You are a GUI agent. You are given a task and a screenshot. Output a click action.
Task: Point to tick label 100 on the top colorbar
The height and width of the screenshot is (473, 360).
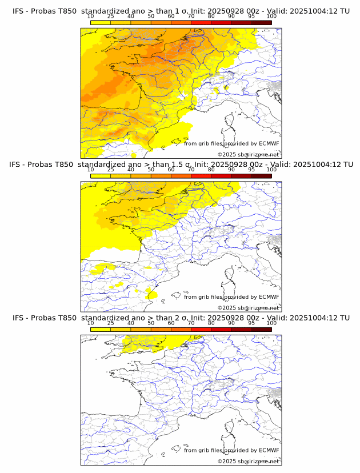271,16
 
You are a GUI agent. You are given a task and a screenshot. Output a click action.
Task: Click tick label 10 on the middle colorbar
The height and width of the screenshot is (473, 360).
90,170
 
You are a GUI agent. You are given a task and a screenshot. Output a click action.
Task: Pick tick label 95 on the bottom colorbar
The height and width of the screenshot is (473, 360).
251,323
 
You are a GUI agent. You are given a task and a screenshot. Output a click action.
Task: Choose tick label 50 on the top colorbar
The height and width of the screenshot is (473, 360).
151,16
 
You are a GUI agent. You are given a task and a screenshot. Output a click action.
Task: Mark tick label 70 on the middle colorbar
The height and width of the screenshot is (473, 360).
191,170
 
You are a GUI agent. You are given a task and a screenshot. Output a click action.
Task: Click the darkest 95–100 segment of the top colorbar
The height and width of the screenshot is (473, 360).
261,22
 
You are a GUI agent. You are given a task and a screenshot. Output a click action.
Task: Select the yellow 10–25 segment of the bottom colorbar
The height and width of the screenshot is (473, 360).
101,330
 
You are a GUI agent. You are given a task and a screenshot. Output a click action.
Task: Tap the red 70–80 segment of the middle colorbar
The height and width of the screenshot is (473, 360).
201,176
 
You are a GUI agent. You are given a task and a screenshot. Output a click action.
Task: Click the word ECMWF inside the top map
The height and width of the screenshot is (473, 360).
269,143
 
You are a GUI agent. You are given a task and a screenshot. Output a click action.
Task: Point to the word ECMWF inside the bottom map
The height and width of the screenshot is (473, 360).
269,450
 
